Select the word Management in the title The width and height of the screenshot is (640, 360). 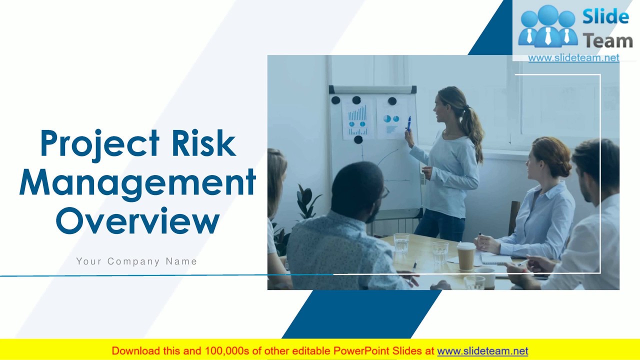coord(137,182)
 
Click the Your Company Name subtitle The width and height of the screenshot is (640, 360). coord(136,261)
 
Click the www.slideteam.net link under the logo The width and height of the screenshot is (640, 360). coord(573,58)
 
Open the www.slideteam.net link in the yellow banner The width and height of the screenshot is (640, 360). coord(482,351)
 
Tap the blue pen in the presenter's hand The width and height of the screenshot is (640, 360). coord(409,123)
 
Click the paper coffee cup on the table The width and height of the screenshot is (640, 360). coord(466,256)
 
